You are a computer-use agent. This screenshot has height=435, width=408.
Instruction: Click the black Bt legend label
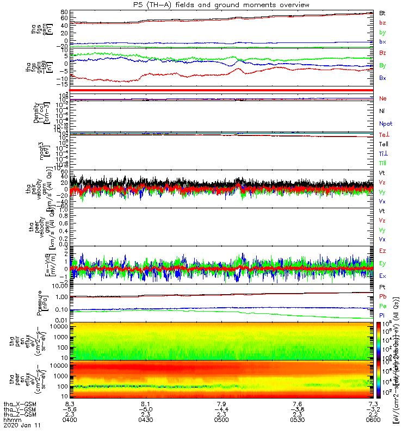click(382, 13)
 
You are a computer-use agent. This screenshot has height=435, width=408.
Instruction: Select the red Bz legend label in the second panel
click(383, 53)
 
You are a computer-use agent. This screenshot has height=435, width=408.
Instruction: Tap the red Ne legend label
click(383, 98)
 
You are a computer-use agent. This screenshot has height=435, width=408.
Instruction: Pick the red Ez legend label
click(382, 251)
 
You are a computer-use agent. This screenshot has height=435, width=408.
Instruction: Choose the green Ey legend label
click(382, 263)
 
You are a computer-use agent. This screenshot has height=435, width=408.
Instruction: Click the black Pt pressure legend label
click(382, 287)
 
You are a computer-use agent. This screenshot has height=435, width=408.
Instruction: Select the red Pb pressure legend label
click(382, 296)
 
